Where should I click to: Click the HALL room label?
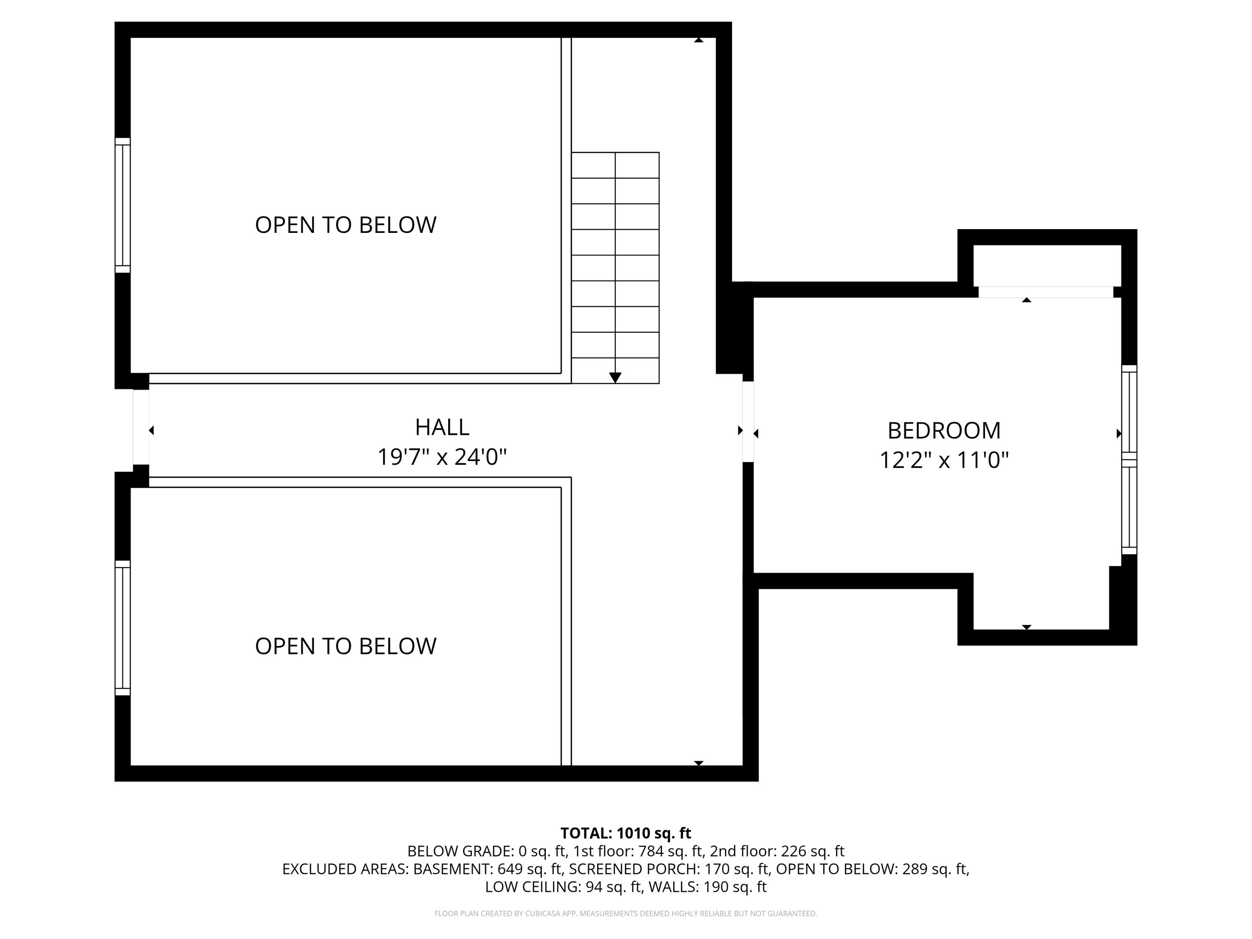(442, 427)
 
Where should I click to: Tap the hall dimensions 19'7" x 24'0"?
(442, 457)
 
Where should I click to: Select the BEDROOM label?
(944, 431)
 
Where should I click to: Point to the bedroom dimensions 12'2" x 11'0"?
(944, 460)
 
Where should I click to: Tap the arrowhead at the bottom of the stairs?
(615, 378)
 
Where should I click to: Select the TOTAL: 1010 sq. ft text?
(626, 833)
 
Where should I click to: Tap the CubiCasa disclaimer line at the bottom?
(626, 914)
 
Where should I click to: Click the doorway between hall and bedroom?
(748, 421)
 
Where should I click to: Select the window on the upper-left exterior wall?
(123, 205)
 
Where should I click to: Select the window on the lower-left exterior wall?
(123, 628)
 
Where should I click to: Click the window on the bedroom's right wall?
(1129, 459)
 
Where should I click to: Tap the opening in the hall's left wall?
(141, 427)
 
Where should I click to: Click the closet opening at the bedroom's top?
(1045, 292)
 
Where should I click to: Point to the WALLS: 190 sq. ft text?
(707, 887)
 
